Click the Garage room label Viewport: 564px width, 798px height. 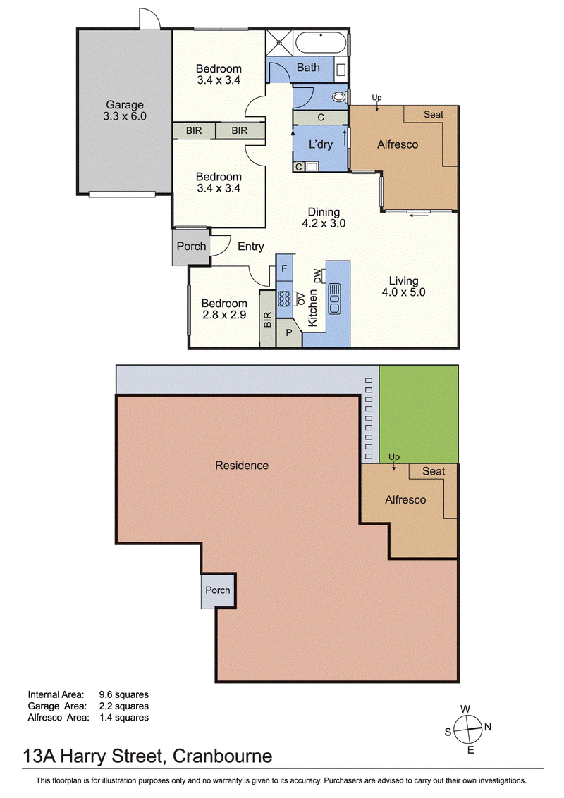tap(125, 105)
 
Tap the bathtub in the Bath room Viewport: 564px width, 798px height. tap(321, 42)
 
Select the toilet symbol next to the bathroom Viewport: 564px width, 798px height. tap(338, 96)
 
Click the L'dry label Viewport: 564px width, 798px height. tap(321, 144)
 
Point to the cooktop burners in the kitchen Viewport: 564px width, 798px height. tap(284, 298)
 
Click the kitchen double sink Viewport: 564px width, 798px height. tap(335, 299)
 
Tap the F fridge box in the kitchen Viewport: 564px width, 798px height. tap(284, 268)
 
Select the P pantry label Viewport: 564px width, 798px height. tap(289, 333)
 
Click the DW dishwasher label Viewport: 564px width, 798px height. tap(317, 276)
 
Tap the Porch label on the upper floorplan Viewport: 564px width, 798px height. tap(191, 247)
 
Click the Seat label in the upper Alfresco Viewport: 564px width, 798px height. tap(434, 115)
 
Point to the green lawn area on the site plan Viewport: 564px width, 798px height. tap(419, 414)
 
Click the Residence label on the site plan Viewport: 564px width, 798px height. tap(242, 465)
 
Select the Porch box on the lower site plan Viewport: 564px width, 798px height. tap(218, 590)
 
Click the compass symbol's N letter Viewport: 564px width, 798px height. tap(488, 727)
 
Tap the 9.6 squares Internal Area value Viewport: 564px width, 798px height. tap(124, 694)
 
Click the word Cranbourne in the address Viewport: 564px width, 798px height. tap(223, 756)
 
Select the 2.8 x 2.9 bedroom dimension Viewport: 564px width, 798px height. tap(224, 315)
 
